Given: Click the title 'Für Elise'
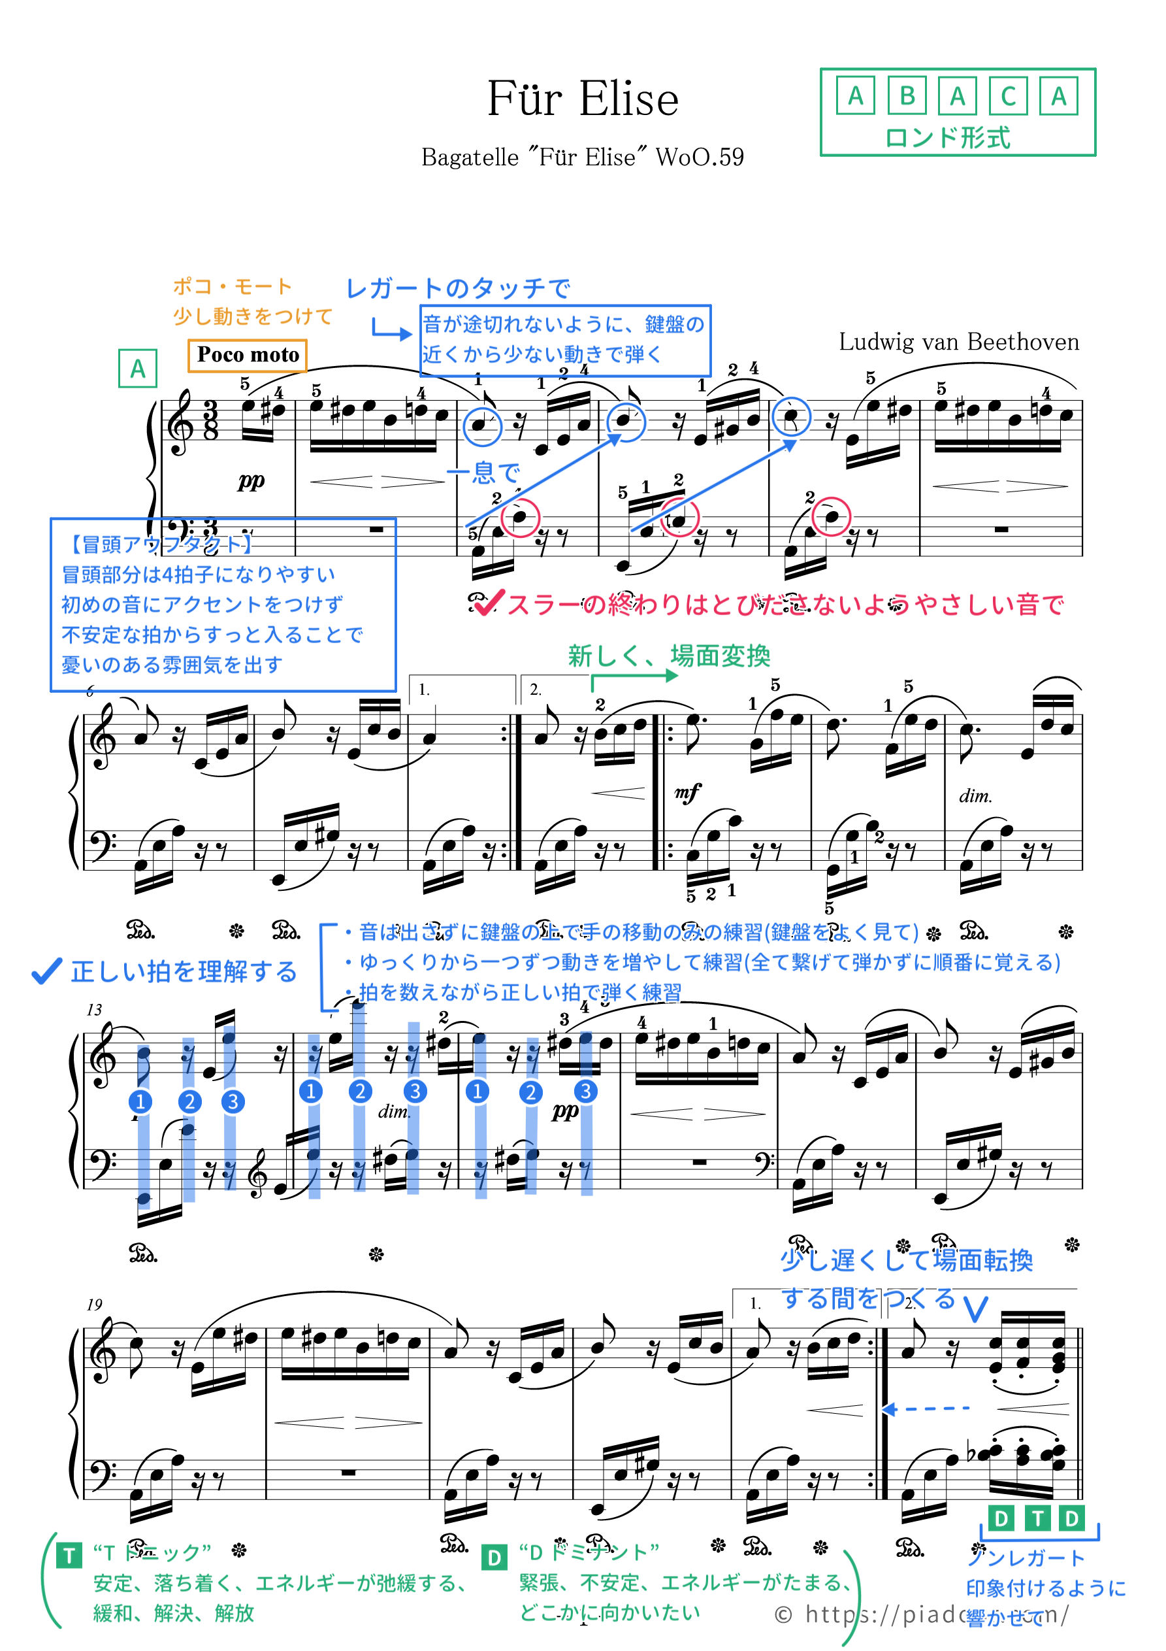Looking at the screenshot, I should [582, 99].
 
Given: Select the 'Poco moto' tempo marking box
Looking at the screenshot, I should [248, 355].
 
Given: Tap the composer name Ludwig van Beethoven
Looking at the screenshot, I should [958, 342].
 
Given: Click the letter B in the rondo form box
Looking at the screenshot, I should [907, 95].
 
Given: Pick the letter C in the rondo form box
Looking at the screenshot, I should [1008, 95].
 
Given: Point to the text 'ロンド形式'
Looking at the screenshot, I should [947, 137].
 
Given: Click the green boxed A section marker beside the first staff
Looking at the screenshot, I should [137, 369].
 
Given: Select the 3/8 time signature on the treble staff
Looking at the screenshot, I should [210, 421].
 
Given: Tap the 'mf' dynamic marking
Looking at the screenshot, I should [687, 792].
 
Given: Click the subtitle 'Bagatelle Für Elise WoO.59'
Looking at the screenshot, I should [582, 158].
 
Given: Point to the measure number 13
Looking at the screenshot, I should [94, 1010].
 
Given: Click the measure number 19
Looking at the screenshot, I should [94, 1305].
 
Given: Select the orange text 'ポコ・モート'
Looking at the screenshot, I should [232, 287].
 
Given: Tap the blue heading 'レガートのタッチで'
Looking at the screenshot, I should [458, 288].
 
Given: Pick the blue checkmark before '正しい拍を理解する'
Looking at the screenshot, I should [47, 971].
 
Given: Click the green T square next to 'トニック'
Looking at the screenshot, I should [69, 1556].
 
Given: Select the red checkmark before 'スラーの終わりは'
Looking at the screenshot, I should [489, 603].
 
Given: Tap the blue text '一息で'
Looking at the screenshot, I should [483, 473].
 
